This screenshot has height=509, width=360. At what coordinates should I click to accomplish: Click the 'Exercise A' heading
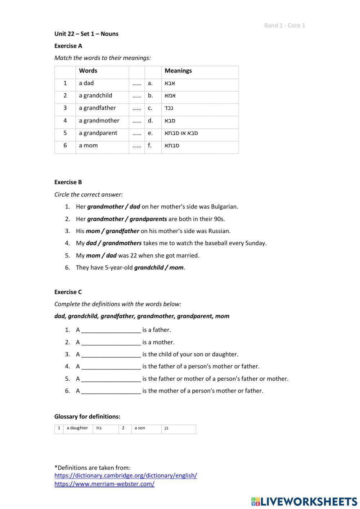(x=68, y=46)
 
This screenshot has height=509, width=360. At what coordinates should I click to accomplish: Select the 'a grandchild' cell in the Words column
(x=95, y=95)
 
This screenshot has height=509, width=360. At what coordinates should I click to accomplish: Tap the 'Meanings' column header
(x=178, y=71)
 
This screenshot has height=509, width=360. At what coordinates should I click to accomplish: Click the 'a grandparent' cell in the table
(x=98, y=133)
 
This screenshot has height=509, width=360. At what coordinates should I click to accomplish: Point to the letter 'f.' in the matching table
(x=150, y=146)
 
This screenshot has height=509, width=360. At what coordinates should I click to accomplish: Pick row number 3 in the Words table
(x=65, y=108)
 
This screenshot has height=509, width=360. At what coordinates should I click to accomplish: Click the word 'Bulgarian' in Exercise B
(x=224, y=207)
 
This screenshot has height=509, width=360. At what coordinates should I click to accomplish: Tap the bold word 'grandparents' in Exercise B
(x=148, y=219)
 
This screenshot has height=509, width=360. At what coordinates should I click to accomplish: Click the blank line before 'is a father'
(x=111, y=330)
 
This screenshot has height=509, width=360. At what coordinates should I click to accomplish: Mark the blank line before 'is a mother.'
(x=111, y=343)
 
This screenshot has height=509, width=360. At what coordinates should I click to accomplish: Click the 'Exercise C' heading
(x=68, y=292)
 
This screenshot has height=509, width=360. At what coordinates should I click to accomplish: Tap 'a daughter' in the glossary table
(x=77, y=428)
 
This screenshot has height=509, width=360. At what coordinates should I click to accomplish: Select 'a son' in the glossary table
(x=140, y=428)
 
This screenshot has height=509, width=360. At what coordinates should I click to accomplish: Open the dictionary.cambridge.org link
(x=126, y=475)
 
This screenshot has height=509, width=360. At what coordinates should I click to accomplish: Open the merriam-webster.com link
(x=104, y=484)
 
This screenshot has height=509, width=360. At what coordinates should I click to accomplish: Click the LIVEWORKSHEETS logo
(x=304, y=501)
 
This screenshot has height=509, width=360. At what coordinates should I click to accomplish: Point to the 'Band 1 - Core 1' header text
(x=284, y=25)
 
